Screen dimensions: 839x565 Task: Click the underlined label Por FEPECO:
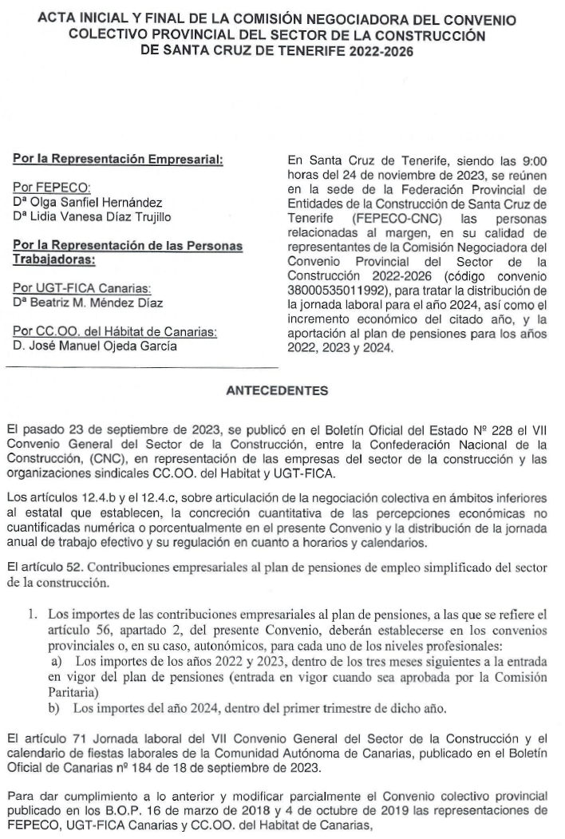[x=53, y=188]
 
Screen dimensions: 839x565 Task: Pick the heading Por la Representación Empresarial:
[x=117, y=160]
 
